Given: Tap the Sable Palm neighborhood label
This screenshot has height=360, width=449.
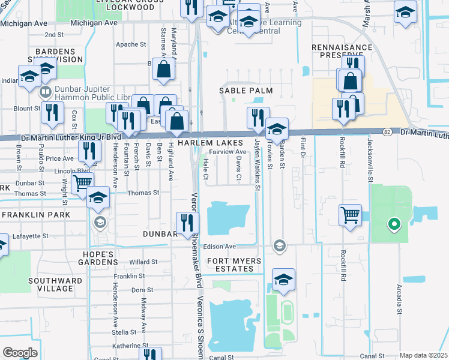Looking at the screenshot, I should point(246,91).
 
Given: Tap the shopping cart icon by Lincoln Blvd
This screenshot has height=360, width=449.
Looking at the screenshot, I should point(83,182).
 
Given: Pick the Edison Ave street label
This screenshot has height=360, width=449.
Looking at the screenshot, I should point(221,247).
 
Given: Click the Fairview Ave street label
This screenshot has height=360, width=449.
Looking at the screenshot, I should point(228,152).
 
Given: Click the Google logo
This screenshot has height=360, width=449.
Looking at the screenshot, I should point(20,352).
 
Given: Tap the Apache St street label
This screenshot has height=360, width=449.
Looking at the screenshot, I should point(127,44).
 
